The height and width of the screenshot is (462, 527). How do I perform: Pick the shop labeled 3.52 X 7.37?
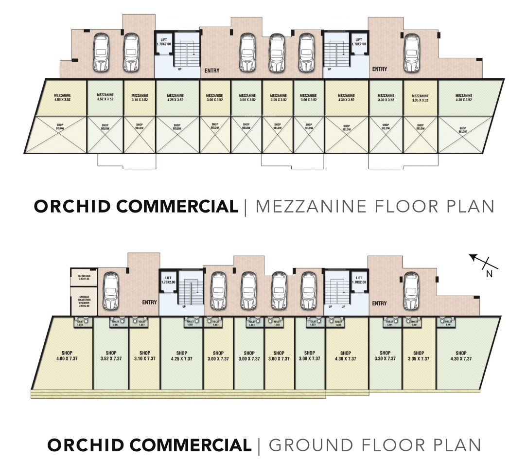click(110, 355)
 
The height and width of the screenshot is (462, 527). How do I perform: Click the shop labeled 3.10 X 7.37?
click(144, 355)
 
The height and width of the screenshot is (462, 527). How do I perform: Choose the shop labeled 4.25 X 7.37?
click(182, 355)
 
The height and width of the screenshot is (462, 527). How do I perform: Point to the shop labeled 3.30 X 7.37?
click(385, 355)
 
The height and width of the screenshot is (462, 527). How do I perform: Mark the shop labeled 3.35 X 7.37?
click(419, 355)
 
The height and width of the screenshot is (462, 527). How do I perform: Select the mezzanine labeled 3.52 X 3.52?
click(105, 97)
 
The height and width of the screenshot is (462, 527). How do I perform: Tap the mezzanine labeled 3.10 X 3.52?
click(140, 97)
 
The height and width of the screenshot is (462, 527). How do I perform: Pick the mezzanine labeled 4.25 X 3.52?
click(177, 97)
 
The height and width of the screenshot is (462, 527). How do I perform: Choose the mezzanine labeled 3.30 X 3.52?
click(386, 97)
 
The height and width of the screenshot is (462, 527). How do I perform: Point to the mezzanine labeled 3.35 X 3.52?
click(421, 98)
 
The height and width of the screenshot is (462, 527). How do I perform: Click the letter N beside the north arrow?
click(490, 274)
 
